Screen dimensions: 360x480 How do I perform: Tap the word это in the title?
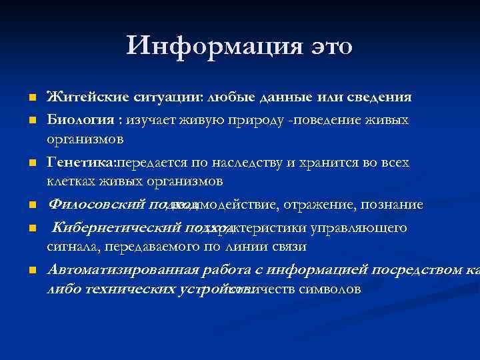(327, 46)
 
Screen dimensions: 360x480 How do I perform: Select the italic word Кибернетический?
(115, 228)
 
